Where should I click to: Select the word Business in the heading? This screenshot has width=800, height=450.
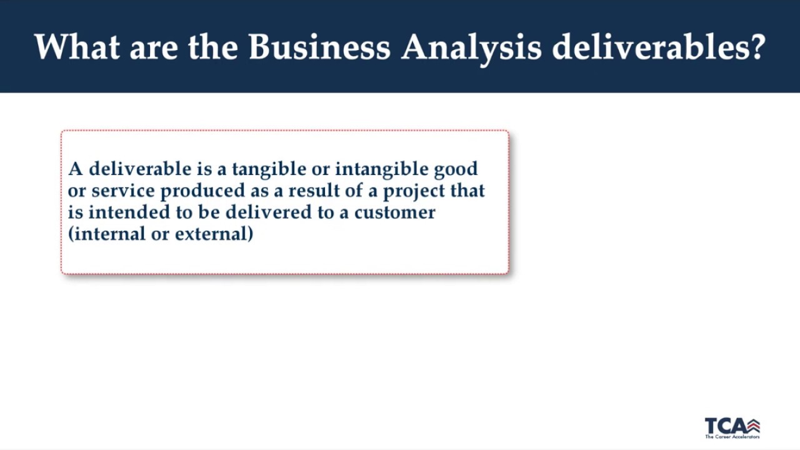(319, 47)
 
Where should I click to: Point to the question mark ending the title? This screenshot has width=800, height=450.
(758, 47)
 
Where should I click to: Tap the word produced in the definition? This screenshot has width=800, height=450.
(202, 191)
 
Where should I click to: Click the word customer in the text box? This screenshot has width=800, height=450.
(394, 212)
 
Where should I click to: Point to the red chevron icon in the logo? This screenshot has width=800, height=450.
(753, 426)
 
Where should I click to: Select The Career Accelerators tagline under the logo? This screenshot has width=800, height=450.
(732, 436)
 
